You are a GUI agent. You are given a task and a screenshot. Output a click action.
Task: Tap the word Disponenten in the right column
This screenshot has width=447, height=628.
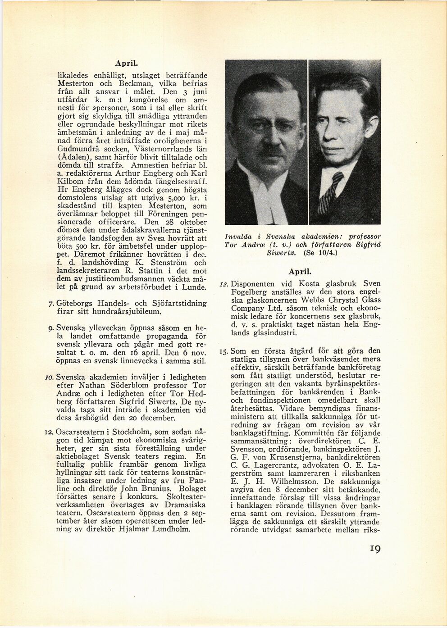[x=253, y=284]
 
